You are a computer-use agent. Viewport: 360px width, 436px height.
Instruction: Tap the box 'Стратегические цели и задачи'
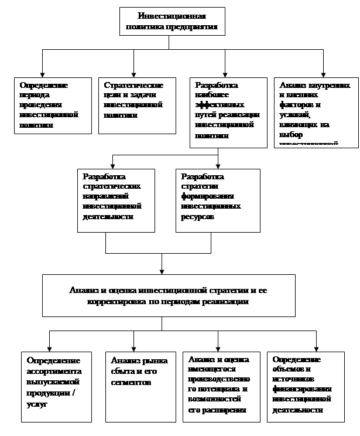click(x=136, y=105)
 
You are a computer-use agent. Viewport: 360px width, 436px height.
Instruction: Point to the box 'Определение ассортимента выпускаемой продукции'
click(x=56, y=387)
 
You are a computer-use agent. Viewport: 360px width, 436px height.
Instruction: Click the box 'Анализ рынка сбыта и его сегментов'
click(x=140, y=387)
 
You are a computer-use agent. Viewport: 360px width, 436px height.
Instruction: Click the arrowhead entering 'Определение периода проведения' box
click(x=42, y=73)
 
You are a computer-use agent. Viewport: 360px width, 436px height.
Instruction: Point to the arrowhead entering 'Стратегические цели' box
click(x=134, y=73)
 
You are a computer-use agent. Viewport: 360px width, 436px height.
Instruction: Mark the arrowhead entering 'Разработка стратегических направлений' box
click(x=112, y=165)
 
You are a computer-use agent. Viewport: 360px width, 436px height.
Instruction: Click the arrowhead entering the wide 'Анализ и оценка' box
click(x=162, y=271)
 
